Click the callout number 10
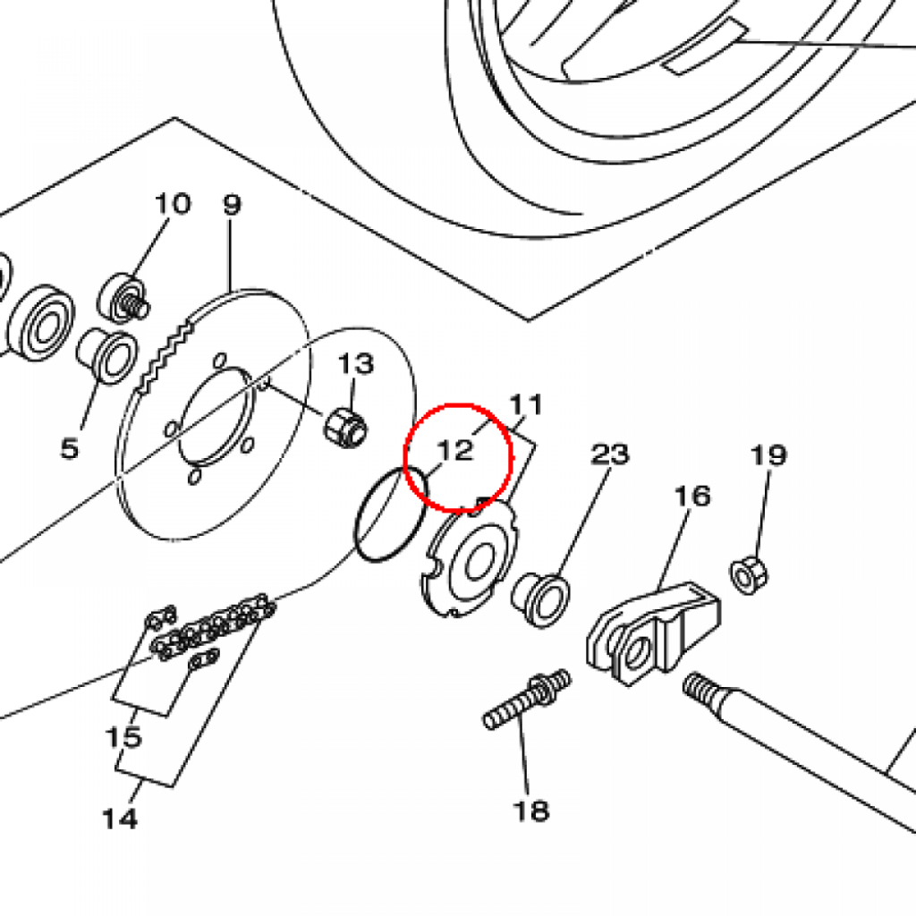coord(173,204)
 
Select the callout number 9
coord(232,205)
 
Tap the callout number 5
coord(70,447)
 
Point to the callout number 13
coord(355,364)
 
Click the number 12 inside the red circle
coord(455,450)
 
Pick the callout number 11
coord(527,405)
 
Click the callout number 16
coord(693,495)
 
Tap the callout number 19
coord(768,455)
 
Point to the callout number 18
coord(530,811)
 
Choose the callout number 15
coord(123,738)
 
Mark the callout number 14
coord(120,818)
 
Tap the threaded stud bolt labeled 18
coord(528,700)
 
